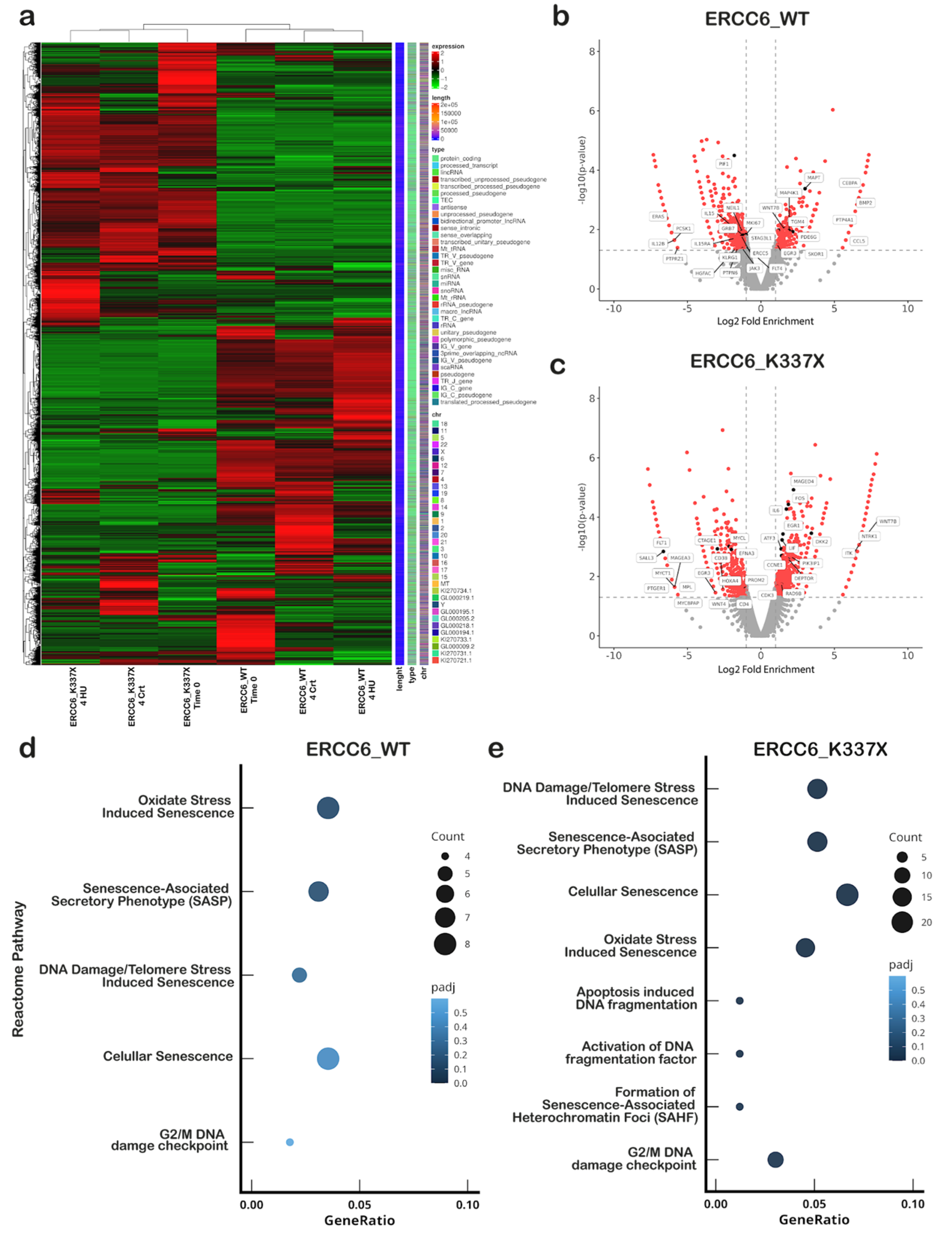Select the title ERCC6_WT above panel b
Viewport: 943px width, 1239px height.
(756, 19)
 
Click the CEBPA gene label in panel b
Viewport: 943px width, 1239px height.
(849, 183)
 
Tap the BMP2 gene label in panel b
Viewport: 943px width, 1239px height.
(865, 203)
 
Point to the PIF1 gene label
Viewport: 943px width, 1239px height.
(724, 164)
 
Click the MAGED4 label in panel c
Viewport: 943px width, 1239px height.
(803, 481)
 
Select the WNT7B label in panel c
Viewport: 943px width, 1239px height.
(888, 521)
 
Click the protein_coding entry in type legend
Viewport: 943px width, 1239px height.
(460, 158)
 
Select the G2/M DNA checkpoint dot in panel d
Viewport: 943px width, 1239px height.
(289, 1142)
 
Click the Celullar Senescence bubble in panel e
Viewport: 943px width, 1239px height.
(846, 894)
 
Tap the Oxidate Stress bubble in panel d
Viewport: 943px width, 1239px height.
(328, 808)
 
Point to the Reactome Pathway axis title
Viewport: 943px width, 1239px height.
(18, 969)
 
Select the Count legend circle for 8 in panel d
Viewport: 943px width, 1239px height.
(445, 944)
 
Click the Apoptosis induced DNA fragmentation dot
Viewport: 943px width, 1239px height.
(739, 1000)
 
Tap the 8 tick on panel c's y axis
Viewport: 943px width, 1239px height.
(592, 398)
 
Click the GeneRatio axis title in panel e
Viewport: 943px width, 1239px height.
(813, 1220)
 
